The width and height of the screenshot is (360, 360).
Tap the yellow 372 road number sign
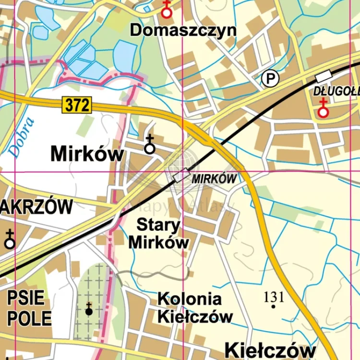tap(76, 105)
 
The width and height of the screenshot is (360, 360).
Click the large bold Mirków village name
tap(87, 155)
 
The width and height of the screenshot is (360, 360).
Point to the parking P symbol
tap(270, 78)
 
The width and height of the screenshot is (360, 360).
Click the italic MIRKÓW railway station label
tap(215, 179)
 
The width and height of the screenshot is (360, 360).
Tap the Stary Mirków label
tap(159, 233)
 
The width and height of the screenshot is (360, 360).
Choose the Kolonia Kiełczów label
tap(195, 308)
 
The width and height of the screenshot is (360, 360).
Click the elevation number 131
tap(274, 297)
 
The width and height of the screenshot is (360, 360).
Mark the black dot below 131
tap(274, 306)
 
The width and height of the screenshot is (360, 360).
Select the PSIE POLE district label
tap(29, 308)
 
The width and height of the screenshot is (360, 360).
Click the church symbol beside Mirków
tap(150, 145)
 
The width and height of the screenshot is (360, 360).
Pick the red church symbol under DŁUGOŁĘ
tap(324, 108)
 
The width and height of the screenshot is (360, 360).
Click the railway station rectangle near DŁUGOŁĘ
tap(324, 76)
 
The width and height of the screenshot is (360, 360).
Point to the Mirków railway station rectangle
tap(181, 176)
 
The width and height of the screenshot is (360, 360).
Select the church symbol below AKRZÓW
tap(10, 240)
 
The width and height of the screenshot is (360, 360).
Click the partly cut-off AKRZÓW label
tap(36, 207)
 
